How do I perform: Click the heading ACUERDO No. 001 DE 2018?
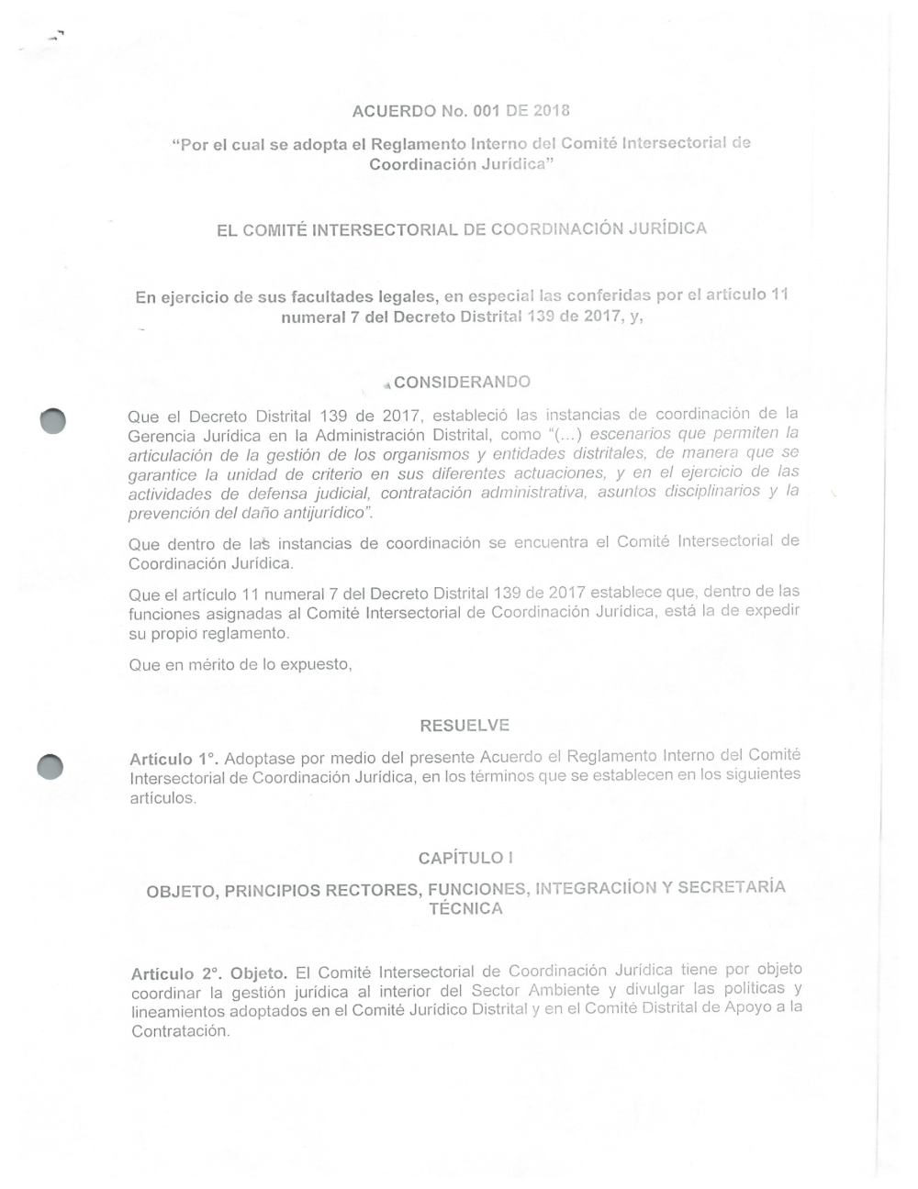[x=461, y=111]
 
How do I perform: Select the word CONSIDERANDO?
[x=462, y=382]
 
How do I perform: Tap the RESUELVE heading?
[x=465, y=726]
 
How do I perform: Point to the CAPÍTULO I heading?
[x=465, y=858]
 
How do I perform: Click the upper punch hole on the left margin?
[x=53, y=420]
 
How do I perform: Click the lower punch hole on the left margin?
[x=50, y=766]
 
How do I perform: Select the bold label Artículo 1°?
[x=174, y=760]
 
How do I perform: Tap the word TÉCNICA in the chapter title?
[x=465, y=909]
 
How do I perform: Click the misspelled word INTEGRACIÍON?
[x=596, y=888]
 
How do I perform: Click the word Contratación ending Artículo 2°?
[x=179, y=1031]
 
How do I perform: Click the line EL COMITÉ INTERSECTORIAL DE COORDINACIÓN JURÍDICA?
[x=462, y=228]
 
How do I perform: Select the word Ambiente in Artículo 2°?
[x=567, y=990]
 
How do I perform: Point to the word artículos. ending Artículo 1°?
[x=163, y=798]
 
